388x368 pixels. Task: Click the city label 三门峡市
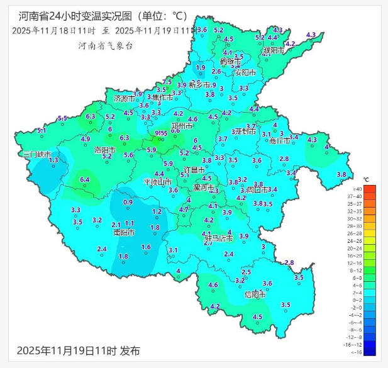[x=36, y=154]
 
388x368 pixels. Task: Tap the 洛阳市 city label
[x=104, y=150]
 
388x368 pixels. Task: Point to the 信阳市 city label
[x=255, y=294]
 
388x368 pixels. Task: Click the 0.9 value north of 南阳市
[x=128, y=202]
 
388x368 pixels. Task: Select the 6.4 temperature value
[x=86, y=180]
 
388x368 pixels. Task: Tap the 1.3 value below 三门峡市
[x=53, y=160]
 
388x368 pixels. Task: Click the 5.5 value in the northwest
[x=62, y=118]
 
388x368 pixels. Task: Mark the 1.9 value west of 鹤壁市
[x=201, y=67]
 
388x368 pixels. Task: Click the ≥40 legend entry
[x=375, y=189]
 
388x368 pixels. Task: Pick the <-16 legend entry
[x=375, y=352]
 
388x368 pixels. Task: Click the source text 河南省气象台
[x=105, y=45]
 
